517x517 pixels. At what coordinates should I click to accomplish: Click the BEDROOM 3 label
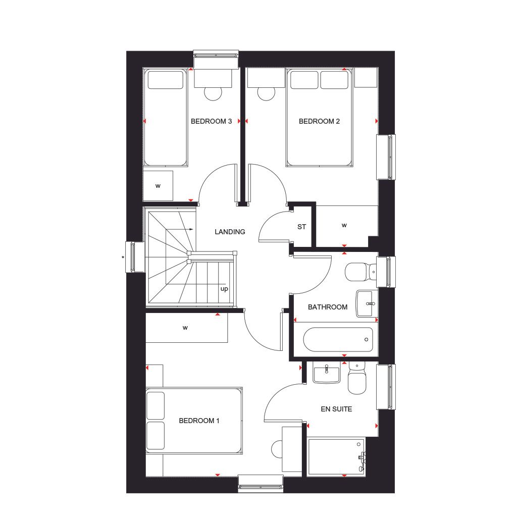coord(211,121)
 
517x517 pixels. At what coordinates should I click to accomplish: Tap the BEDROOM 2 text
coord(319,121)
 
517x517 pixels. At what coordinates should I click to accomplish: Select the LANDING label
coord(230,232)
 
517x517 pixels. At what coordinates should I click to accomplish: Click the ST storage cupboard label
coord(301,227)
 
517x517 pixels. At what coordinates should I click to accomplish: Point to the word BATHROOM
coord(328,307)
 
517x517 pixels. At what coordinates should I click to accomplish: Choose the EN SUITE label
coord(336,409)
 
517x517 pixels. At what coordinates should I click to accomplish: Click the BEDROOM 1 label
coord(199,421)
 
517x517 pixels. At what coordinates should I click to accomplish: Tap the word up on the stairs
coord(224,289)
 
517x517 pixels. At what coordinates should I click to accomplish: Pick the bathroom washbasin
coord(367,303)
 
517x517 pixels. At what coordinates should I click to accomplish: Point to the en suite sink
coord(327,374)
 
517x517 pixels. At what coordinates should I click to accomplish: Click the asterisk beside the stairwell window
coord(123,258)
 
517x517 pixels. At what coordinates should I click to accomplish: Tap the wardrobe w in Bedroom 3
coord(158,186)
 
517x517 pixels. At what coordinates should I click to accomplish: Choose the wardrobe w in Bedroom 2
coord(344,225)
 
